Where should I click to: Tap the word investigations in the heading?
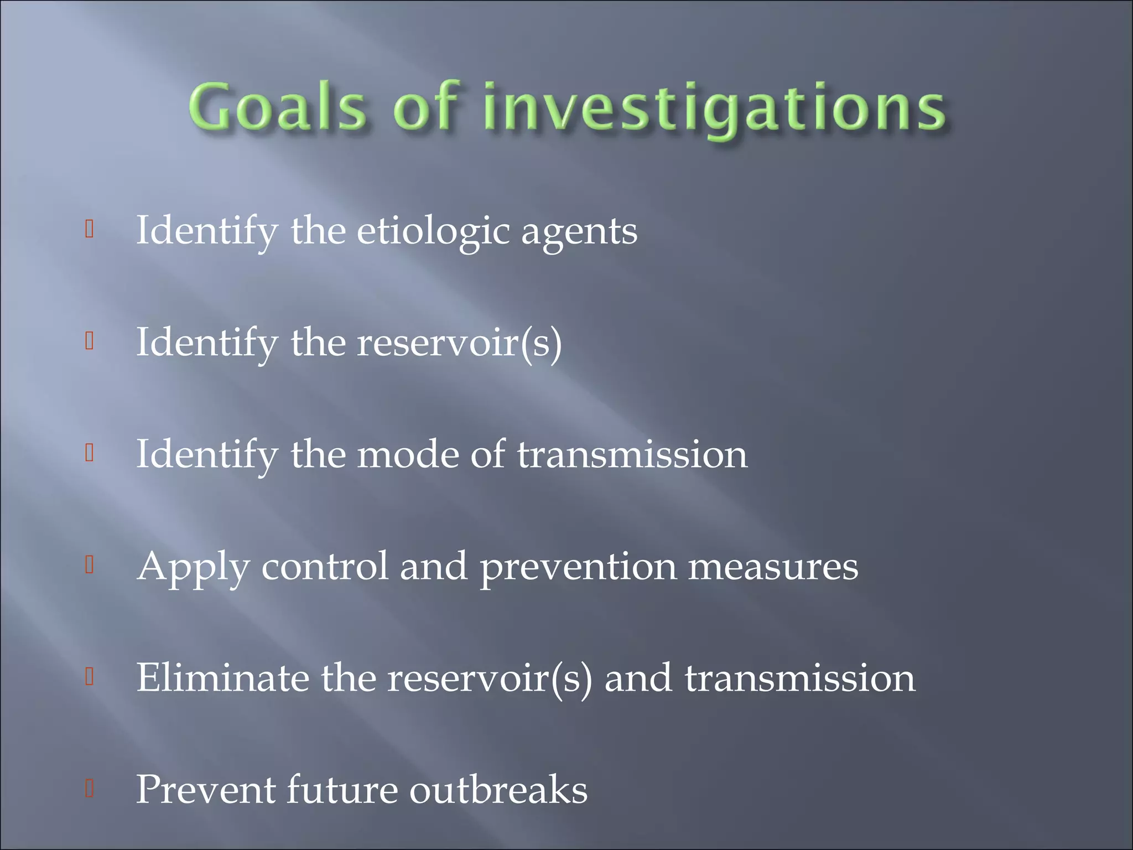[714, 108]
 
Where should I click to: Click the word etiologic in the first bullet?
[433, 231]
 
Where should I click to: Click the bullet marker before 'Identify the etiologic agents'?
[89, 229]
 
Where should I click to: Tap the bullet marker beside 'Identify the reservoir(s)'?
[89, 341]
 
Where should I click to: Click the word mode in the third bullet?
[408, 454]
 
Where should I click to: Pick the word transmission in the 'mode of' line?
[632, 454]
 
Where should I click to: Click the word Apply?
[193, 568]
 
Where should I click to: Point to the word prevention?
[578, 568]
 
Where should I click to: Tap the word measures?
[773, 568]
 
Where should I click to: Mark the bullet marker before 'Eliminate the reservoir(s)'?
[89, 676]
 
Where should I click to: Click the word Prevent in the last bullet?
[205, 790]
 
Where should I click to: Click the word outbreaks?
[498, 790]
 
